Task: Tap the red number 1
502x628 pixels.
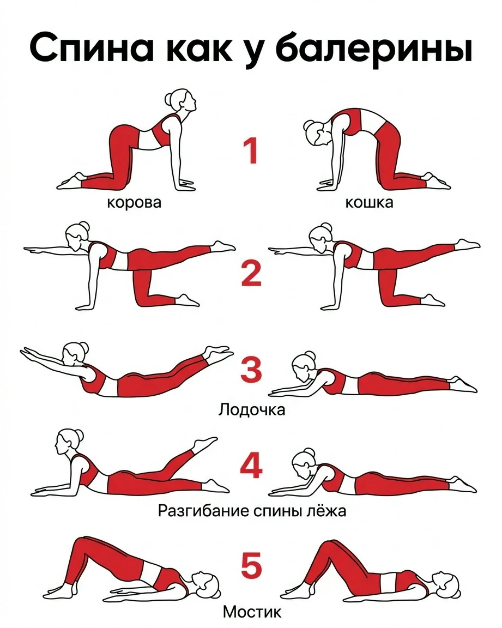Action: pyautogui.click(x=250, y=150)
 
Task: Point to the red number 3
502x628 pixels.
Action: pyautogui.click(x=251, y=369)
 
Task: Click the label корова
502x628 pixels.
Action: pyautogui.click(x=134, y=203)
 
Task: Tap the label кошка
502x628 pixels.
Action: pyautogui.click(x=369, y=203)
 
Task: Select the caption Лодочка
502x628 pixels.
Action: pyautogui.click(x=251, y=409)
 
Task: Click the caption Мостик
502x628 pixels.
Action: pyautogui.click(x=252, y=612)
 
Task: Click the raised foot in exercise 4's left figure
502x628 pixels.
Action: pyautogui.click(x=205, y=443)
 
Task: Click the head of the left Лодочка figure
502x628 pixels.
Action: pyautogui.click(x=75, y=353)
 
